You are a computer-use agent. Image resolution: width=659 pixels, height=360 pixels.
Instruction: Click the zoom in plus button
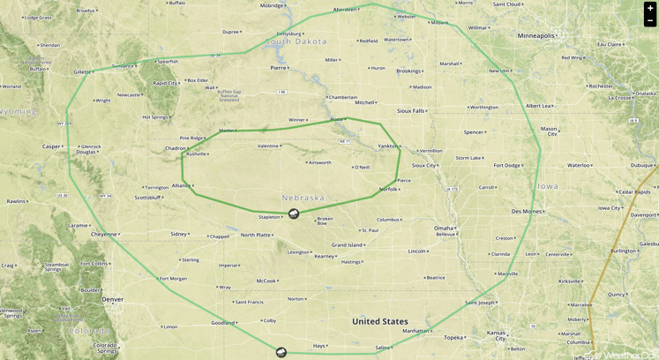point(650,8)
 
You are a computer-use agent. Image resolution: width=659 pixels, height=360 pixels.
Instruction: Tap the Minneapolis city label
point(536,36)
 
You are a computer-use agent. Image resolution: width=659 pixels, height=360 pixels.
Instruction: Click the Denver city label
point(112,300)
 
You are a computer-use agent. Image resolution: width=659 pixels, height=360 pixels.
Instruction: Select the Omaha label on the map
point(443,229)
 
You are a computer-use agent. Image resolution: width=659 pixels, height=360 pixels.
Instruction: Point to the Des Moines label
point(527,212)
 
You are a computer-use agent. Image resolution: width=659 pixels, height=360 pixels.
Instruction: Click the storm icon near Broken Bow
point(294,214)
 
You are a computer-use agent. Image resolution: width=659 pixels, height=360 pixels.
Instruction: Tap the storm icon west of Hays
point(281,353)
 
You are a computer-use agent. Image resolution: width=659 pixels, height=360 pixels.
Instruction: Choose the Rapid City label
point(165,83)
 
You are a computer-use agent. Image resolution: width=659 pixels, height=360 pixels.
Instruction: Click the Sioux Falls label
point(410,111)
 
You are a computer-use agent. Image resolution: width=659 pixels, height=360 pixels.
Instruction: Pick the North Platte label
point(256,235)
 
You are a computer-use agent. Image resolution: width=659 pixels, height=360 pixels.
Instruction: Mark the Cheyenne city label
point(103,235)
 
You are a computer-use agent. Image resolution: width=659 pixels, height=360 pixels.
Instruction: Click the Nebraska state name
point(303,198)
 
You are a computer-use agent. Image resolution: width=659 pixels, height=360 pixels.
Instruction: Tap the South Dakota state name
point(296,41)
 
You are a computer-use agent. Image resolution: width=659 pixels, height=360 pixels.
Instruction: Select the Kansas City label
point(497,335)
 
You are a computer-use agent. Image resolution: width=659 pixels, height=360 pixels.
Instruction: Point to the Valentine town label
point(267,146)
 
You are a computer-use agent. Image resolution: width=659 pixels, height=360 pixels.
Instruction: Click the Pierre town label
point(278,67)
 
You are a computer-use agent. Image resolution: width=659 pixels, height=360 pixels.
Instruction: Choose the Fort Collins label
point(94,264)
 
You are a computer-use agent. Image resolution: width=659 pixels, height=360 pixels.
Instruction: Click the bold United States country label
point(380,322)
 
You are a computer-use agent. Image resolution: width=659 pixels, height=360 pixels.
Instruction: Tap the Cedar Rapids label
point(634,191)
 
